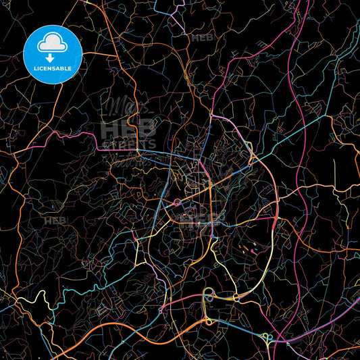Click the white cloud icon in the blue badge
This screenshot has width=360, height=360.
click(53, 42)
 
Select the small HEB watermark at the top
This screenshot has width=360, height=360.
click(202, 38)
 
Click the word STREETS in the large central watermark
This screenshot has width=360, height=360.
click(129, 143)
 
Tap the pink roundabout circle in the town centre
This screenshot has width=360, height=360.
click(177, 202)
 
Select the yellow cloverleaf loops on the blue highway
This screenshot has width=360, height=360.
click(269, 338)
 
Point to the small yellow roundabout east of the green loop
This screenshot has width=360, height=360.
click(236, 297)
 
